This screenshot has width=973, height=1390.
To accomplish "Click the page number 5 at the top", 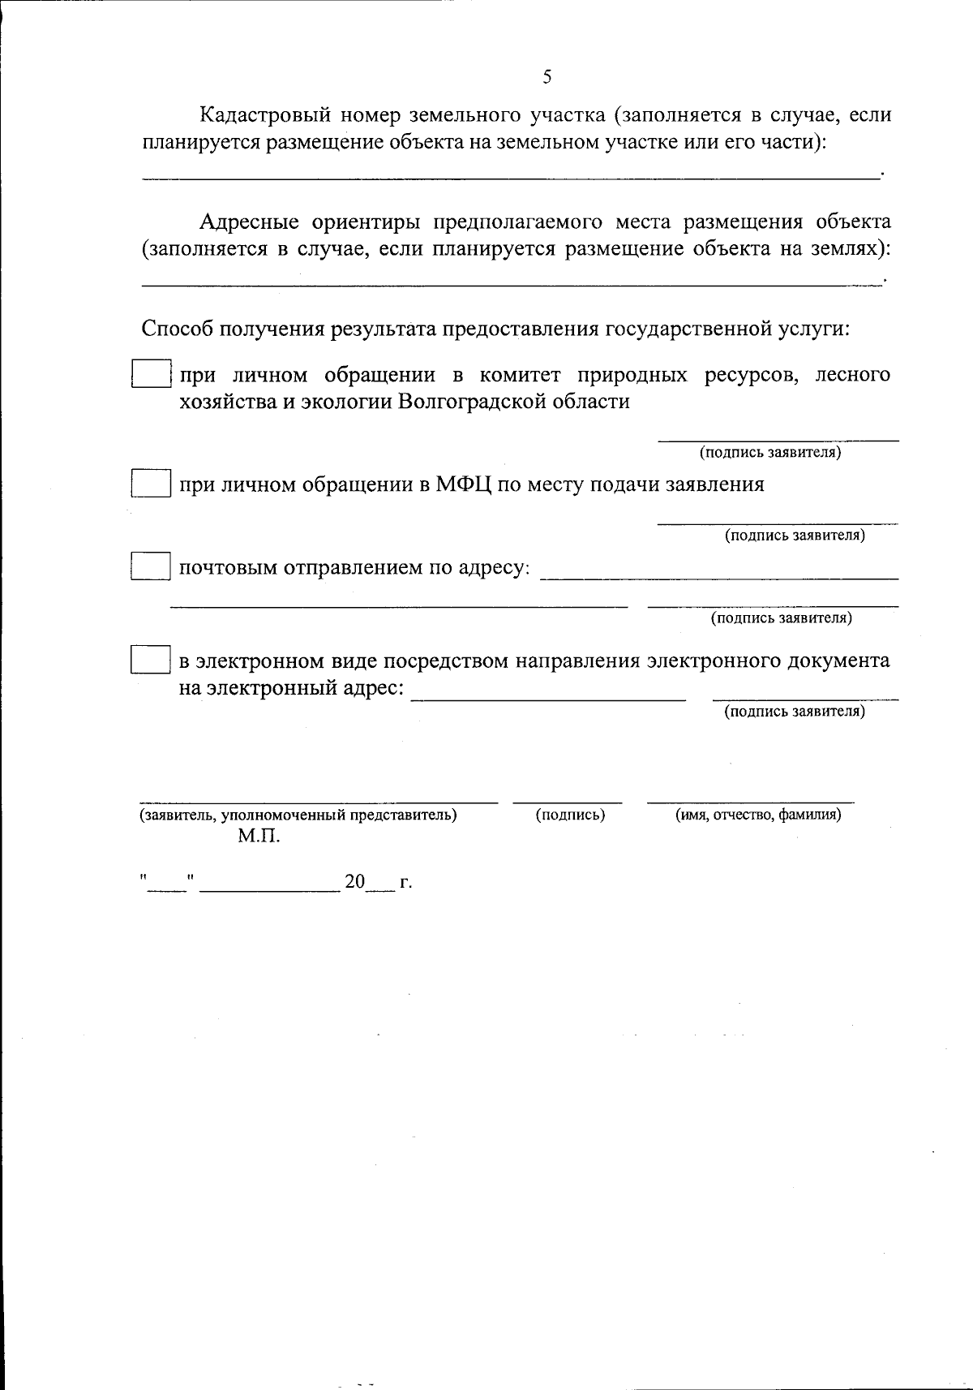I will point(547,77).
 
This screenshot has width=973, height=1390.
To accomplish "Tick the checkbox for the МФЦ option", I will point(151,484).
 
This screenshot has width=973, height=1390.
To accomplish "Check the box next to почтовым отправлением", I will point(151,566).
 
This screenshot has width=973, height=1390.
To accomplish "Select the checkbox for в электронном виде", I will point(151,660).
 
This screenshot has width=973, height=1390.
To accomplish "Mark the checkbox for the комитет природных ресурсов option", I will point(151,374).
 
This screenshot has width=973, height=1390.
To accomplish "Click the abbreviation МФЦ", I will point(462,484).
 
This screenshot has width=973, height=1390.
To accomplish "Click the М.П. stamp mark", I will point(259,836).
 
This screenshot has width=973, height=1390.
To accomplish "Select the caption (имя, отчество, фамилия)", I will point(758,815).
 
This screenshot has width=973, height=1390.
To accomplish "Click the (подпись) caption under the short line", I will point(570,815).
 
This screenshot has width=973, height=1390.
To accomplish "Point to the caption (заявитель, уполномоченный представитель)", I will point(298,815).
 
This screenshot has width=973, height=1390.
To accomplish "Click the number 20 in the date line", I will point(355,882).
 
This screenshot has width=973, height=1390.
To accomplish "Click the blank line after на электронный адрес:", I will point(548,696).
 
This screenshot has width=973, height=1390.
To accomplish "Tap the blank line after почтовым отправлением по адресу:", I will point(718,576).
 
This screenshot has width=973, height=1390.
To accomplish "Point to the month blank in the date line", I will point(270,888).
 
